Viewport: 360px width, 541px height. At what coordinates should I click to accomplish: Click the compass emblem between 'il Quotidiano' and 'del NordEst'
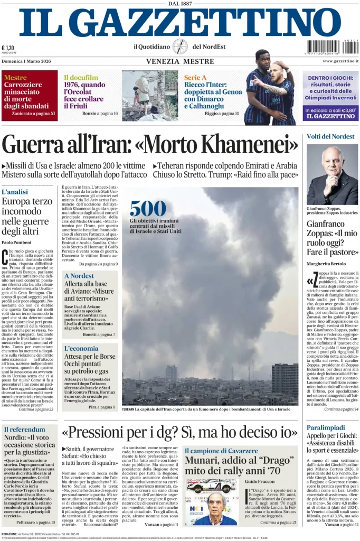click(180, 46)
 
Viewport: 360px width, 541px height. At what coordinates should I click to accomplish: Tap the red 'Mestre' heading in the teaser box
click(15, 78)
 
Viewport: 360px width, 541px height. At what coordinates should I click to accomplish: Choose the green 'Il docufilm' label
click(81, 77)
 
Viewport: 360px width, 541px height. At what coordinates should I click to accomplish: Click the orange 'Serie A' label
click(195, 78)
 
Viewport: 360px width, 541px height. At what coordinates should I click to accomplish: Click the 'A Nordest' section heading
click(79, 276)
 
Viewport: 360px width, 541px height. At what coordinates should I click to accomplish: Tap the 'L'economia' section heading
click(81, 348)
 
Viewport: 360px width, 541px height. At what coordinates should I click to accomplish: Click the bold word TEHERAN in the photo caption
click(128, 409)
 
